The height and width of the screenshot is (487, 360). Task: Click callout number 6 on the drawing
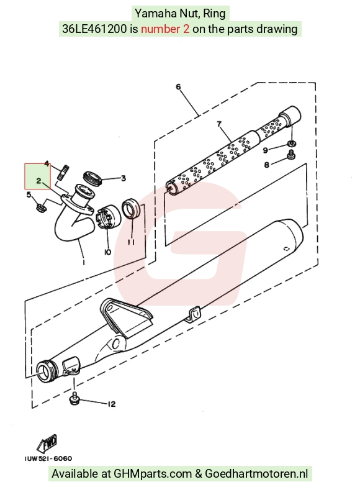[178, 87]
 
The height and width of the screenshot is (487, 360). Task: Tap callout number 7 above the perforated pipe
[219, 124]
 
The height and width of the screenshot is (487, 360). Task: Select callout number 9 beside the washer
[266, 150]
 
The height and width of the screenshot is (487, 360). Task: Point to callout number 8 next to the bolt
[267, 165]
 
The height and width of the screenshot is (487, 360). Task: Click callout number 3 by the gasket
[123, 178]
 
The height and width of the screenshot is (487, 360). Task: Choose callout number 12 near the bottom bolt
[112, 404]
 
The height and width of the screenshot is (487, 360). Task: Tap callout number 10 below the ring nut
[108, 252]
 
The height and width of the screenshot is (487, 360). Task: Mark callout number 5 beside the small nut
[29, 195]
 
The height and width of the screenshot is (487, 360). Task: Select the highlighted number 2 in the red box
[38, 181]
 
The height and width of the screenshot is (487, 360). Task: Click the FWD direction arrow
[47, 444]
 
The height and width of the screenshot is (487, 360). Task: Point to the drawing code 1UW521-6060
[48, 458]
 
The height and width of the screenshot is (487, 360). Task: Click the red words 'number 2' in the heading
[165, 29]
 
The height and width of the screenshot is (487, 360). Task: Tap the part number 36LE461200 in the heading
[94, 29]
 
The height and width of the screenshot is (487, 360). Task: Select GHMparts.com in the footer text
[153, 473]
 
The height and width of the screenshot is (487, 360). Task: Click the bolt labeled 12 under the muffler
[74, 399]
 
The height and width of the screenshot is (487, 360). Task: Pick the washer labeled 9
[291, 143]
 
